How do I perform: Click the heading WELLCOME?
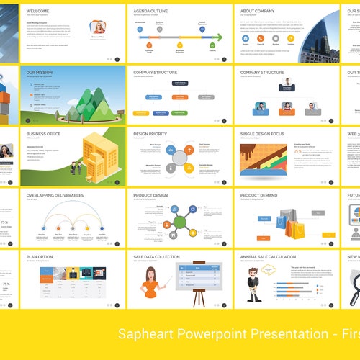point(38,12)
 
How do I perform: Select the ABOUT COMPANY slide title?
point(257,12)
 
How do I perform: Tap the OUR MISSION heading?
point(39,73)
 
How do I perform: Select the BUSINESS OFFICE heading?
point(43,134)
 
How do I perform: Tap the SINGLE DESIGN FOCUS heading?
point(266,134)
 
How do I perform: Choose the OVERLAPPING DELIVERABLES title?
point(55,195)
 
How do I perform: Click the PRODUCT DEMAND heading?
point(260,195)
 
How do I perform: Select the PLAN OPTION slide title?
point(39,256)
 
